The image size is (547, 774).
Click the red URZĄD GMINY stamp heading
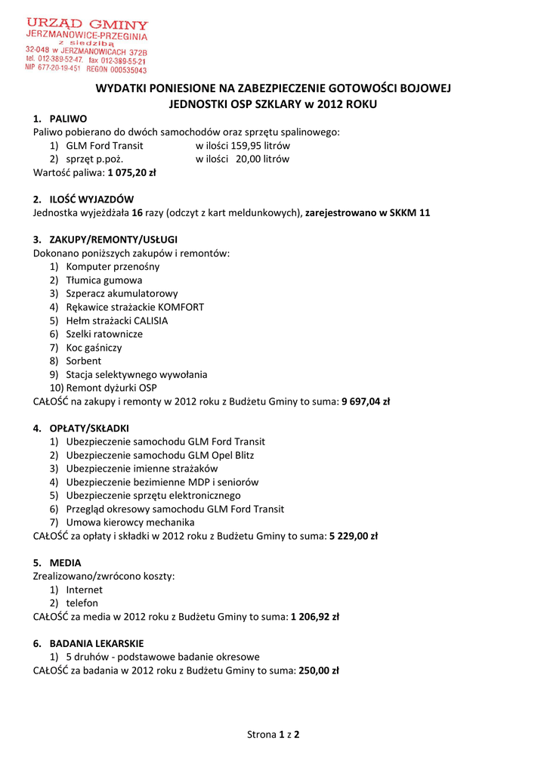(88, 25)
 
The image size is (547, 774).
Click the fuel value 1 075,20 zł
(131, 172)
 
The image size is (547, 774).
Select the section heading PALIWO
(68, 118)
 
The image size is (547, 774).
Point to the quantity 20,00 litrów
(262, 159)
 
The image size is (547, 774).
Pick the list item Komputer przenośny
(113, 267)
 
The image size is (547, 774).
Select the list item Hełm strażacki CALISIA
(117, 320)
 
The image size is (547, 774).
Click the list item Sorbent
(83, 361)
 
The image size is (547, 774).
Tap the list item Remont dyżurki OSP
(111, 388)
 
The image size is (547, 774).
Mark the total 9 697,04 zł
(366, 401)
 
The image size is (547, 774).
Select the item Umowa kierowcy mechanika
(130, 522)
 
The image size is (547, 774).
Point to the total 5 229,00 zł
(354, 536)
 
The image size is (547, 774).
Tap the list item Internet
(84, 590)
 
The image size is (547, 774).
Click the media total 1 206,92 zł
(315, 617)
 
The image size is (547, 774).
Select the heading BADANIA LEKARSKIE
(96, 643)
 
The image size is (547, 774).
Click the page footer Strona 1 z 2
(273, 734)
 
